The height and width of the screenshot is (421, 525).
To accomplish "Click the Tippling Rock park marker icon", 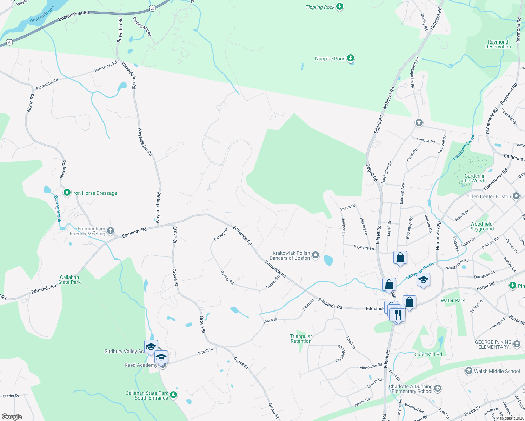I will pyautogui.click(x=339, y=7).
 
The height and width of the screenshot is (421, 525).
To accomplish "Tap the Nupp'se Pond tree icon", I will pyautogui.click(x=350, y=58).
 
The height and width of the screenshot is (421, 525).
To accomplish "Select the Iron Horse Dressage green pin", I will pyautogui.click(x=67, y=193).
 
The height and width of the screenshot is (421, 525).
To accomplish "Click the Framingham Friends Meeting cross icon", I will pyautogui.click(x=111, y=231).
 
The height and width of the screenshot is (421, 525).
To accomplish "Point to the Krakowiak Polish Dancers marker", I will pyautogui.click(x=315, y=255).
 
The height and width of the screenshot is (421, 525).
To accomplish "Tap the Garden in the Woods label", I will pyautogui.click(x=475, y=178).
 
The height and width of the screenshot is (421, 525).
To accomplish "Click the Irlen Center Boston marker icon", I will pyautogui.click(x=516, y=196).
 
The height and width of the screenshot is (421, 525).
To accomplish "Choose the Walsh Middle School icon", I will pyautogui.click(x=468, y=371).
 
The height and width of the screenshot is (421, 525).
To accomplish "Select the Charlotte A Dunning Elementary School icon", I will pyautogui.click(x=437, y=388).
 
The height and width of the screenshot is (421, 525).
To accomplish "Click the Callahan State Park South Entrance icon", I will pyautogui.click(x=173, y=395).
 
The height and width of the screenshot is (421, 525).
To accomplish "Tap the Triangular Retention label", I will pyautogui.click(x=301, y=339).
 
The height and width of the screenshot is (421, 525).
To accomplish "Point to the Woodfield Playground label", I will pyautogui.click(x=481, y=226).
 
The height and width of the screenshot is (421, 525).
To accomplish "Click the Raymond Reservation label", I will pyautogui.click(x=498, y=44).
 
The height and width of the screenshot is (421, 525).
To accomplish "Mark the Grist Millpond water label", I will pyautogui.click(x=42, y=14).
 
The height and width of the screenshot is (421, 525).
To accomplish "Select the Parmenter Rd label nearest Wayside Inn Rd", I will pyautogui.click(x=106, y=66).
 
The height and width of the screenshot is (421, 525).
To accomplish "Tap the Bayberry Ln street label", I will pyautogui.click(x=364, y=247).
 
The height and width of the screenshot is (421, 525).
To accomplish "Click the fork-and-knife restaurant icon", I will pyautogui.click(x=398, y=314).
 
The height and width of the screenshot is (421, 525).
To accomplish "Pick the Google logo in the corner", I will pyautogui.click(x=12, y=417).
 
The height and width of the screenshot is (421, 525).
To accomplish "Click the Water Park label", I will pyautogui.click(x=452, y=300).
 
